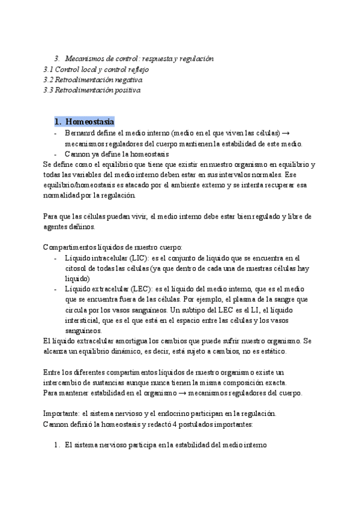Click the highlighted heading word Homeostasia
coord(89,122)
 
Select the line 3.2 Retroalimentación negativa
coord(92,79)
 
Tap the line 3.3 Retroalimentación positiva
coord(91,90)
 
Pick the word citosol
coord(76,268)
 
